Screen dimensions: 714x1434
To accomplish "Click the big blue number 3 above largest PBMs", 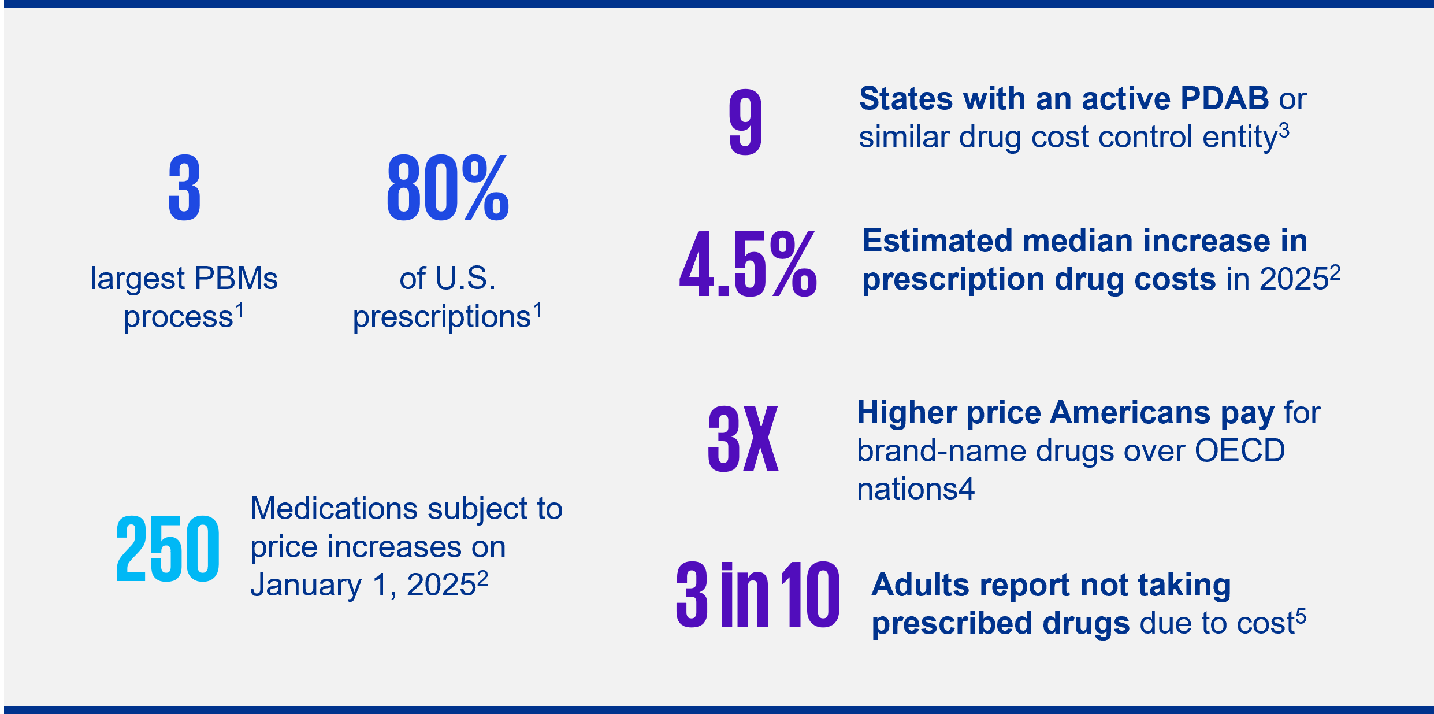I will click(x=184, y=188).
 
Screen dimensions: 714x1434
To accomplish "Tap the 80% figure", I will click(x=448, y=188).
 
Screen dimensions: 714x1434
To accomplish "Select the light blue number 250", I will click(x=168, y=549).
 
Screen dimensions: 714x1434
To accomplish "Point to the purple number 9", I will click(x=745, y=122).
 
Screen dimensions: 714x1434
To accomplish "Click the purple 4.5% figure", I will click(x=748, y=264).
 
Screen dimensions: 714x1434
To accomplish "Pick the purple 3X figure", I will click(x=743, y=438).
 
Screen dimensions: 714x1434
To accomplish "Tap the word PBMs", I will click(x=236, y=279).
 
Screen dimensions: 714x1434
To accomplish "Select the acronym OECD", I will click(x=1239, y=451).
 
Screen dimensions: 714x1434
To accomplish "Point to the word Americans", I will click(x=1130, y=413).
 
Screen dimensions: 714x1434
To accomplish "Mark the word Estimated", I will click(x=937, y=241).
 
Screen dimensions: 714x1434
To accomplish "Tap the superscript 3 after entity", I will click(x=1284, y=131).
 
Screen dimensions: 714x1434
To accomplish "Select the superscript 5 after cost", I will click(x=1301, y=617).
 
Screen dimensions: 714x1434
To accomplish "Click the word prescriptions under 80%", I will click(x=441, y=317).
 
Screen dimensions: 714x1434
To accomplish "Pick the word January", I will click(x=306, y=585).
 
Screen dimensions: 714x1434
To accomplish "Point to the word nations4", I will click(x=915, y=489).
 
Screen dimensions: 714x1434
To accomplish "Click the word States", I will click(x=905, y=99).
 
